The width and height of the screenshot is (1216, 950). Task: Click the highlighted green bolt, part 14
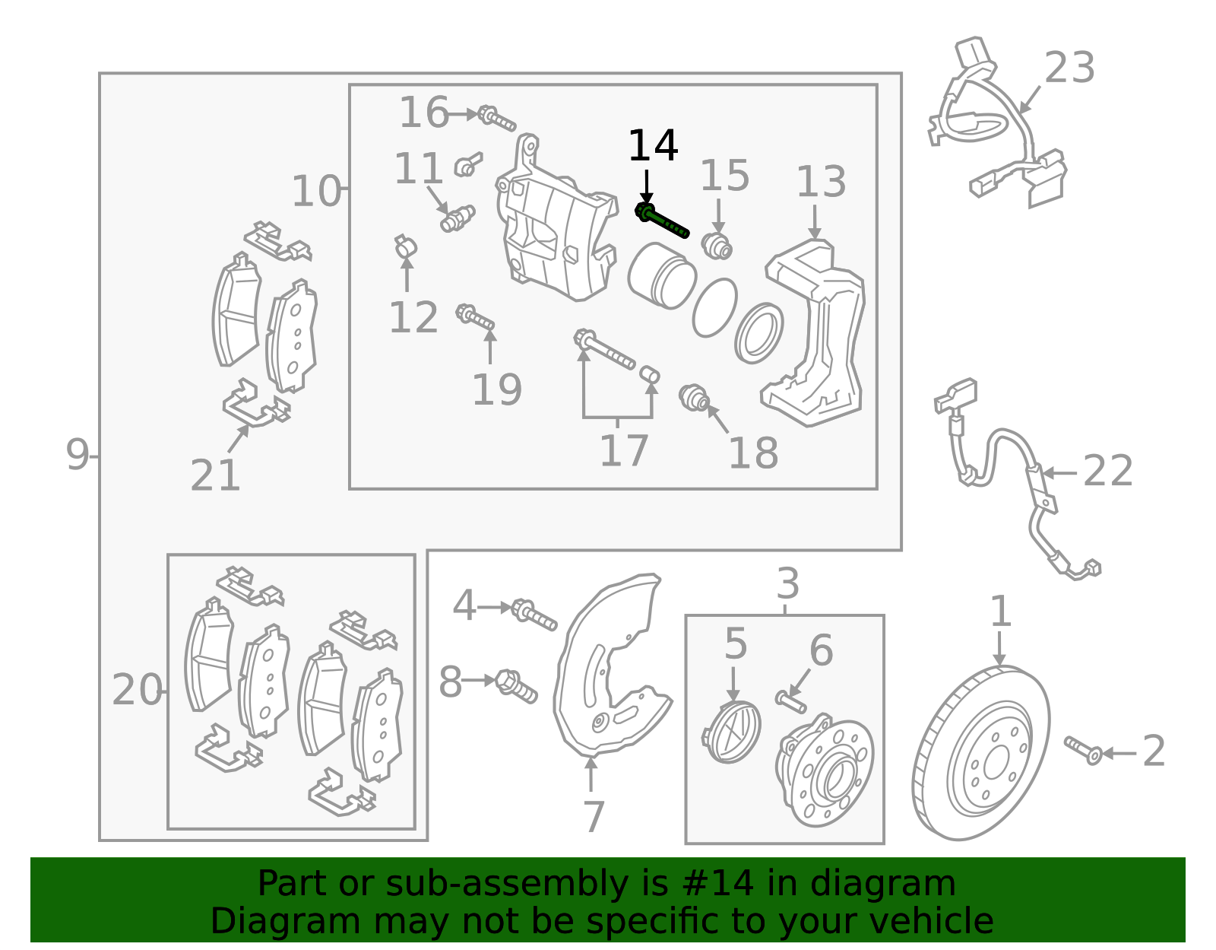(661, 221)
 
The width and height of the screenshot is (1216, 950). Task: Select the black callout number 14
(653, 145)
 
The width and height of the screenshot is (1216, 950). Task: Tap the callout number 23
(1069, 68)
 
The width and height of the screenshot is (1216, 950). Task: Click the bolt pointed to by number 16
(496, 118)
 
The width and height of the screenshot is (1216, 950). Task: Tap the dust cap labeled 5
(731, 732)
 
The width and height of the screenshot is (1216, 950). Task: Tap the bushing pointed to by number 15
(717, 246)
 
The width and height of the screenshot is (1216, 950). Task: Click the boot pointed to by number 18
(694, 397)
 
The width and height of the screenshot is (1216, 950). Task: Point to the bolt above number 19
(475, 317)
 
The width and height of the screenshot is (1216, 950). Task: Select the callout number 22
(1107, 470)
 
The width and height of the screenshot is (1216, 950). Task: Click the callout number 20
(137, 690)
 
